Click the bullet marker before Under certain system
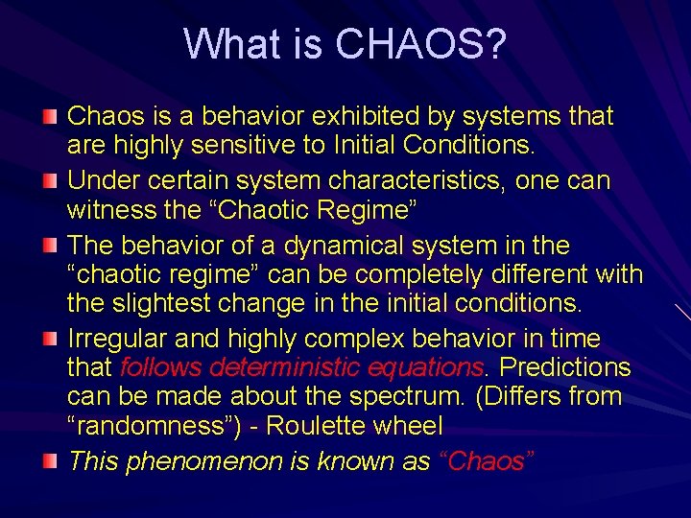coord(50,180)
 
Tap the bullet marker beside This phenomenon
coord(50,459)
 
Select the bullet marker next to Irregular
coord(50,338)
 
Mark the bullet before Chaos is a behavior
coord(50,116)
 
